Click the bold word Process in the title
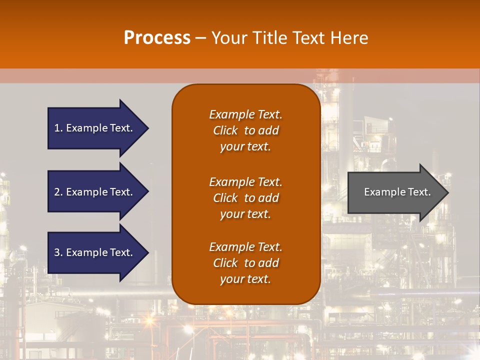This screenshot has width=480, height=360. (x=157, y=38)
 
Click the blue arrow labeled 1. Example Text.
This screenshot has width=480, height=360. (x=93, y=128)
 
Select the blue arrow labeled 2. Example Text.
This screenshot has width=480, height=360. (x=93, y=192)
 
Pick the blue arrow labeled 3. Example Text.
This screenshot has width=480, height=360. (x=93, y=252)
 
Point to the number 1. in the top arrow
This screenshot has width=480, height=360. (x=58, y=128)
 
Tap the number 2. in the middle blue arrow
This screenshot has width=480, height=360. (x=58, y=192)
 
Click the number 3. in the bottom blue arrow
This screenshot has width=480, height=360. (x=58, y=252)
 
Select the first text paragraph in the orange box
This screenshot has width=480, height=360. (x=245, y=130)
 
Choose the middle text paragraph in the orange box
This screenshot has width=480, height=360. (x=245, y=198)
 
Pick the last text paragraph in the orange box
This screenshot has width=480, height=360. (x=245, y=263)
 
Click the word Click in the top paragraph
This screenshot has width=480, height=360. (x=225, y=130)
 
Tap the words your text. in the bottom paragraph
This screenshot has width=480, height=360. (x=245, y=279)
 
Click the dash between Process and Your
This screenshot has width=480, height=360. (x=200, y=38)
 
